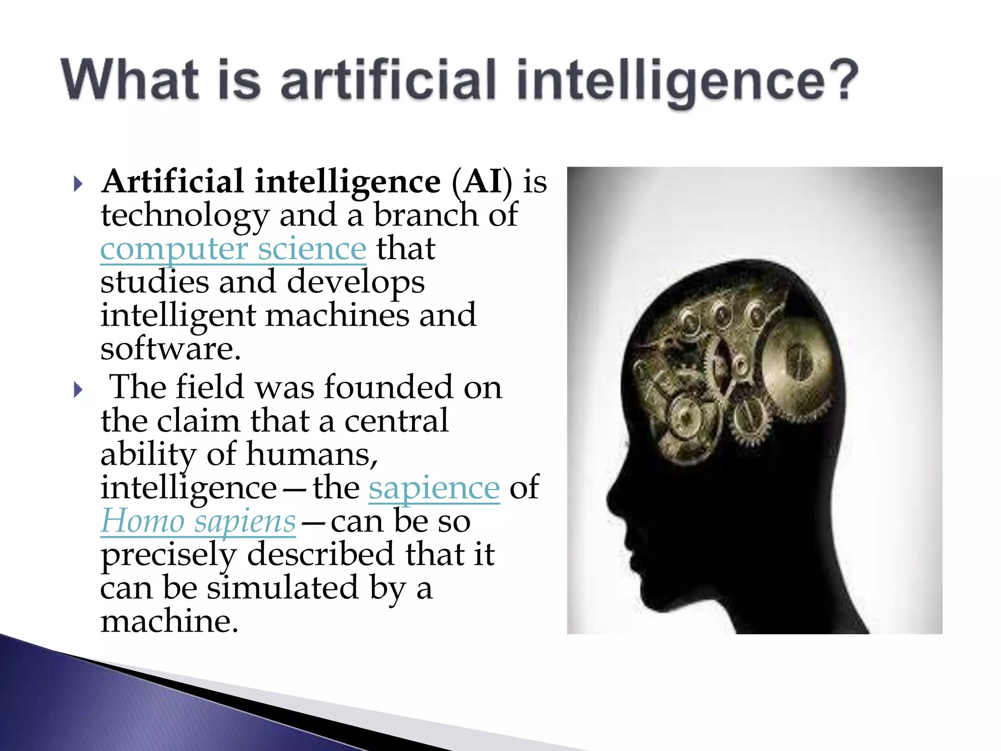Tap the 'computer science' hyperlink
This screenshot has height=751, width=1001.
233,249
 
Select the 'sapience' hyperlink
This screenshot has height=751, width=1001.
434,488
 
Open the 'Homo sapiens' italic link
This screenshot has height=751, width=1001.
198,521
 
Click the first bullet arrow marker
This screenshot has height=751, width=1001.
78,184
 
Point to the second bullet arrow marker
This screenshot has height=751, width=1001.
78,390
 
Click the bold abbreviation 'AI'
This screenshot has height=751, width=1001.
482,182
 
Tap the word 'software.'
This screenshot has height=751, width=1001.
171,349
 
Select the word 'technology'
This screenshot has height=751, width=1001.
185,216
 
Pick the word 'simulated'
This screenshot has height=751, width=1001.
283,588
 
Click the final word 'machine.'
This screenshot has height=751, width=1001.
169,621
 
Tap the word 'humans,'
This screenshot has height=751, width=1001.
312,454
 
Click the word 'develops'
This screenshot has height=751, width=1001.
356,283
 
